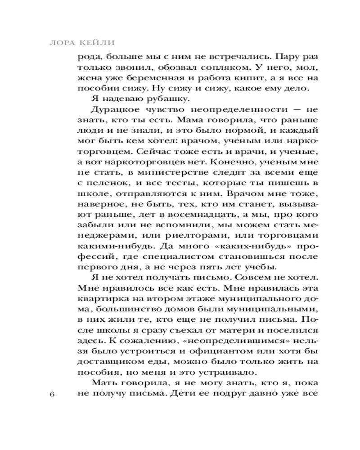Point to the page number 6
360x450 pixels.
[52, 394]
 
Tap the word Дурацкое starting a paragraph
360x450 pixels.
[110, 111]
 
